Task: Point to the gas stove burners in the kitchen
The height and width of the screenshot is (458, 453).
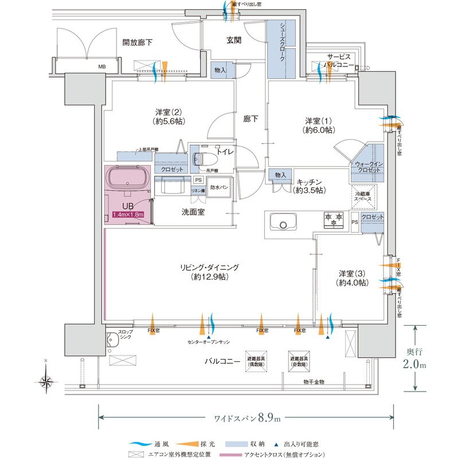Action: (334, 219)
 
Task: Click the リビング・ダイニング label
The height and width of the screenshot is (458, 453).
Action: (208, 267)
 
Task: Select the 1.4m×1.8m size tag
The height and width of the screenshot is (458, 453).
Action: (127, 215)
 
